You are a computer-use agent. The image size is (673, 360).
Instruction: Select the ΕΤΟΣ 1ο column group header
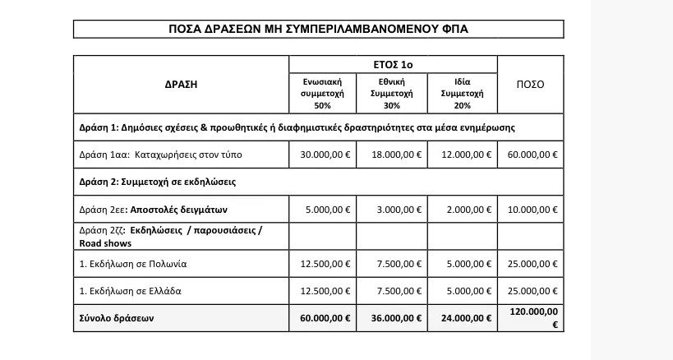(393, 64)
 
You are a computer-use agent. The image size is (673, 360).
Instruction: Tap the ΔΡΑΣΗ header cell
(181, 84)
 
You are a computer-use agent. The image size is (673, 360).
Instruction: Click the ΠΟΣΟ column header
(530, 84)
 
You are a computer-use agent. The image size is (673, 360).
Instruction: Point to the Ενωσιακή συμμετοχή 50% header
(322, 93)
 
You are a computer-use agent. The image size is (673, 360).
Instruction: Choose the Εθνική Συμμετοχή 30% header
(392, 93)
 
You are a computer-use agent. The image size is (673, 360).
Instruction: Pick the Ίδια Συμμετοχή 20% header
(462, 93)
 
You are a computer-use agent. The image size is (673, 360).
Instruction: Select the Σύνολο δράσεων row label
(118, 317)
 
